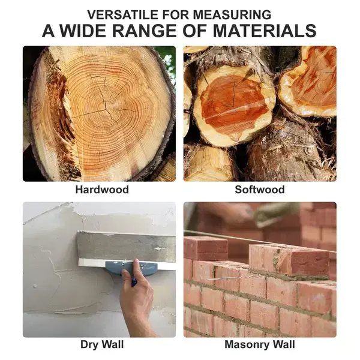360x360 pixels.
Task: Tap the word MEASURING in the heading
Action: pyautogui.click(x=232, y=14)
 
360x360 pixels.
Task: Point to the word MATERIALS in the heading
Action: pyautogui.click(x=265, y=31)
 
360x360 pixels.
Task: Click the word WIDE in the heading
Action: pyautogui.click(x=84, y=31)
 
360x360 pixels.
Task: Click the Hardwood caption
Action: pyautogui.click(x=102, y=190)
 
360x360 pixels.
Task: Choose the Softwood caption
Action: pyautogui.click(x=260, y=190)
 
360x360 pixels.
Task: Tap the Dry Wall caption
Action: pyautogui.click(x=102, y=344)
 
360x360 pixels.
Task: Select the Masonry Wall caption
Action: pyautogui.click(x=260, y=344)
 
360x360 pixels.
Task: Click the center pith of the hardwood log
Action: pyautogui.click(x=105, y=107)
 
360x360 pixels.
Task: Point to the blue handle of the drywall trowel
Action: pyautogui.click(x=131, y=268)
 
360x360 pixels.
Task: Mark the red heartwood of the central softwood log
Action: pyautogui.click(x=234, y=104)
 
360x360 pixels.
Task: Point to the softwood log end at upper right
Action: pyautogui.click(x=309, y=83)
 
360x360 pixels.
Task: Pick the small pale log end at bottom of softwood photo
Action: pyautogui.click(x=209, y=163)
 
